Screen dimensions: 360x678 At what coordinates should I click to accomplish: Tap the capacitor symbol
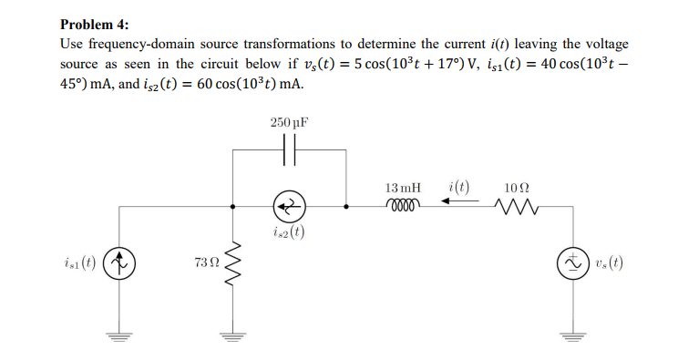(291, 149)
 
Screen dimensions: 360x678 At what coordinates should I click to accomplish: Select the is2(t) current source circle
(291, 206)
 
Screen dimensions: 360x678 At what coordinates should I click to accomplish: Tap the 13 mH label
(403, 188)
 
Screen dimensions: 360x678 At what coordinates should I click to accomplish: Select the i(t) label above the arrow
(458, 188)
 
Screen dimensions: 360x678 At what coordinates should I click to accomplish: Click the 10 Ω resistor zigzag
(516, 207)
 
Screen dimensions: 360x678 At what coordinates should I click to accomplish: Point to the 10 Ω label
(516, 188)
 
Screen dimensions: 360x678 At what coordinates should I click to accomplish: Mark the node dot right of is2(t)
(346, 206)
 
